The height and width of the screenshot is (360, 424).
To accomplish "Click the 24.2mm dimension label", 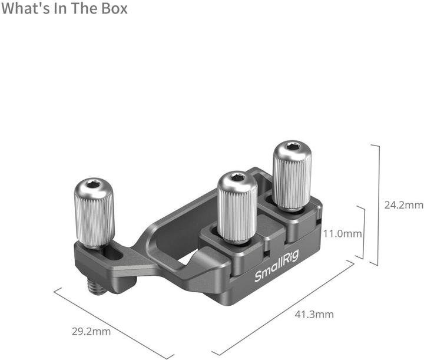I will click(403, 205).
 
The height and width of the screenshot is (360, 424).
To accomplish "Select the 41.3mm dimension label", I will click(313, 314).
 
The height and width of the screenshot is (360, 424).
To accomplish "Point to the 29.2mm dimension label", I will click(91, 331).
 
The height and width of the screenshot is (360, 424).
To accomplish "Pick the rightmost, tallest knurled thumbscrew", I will click(291, 175).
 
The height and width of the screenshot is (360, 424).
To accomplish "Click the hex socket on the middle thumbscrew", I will click(238, 178).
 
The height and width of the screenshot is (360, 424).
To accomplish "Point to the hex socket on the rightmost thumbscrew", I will click(293, 147).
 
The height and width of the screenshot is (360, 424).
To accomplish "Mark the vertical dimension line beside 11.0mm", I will click(364, 233).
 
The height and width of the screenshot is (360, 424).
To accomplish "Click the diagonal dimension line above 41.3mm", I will click(283, 309).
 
